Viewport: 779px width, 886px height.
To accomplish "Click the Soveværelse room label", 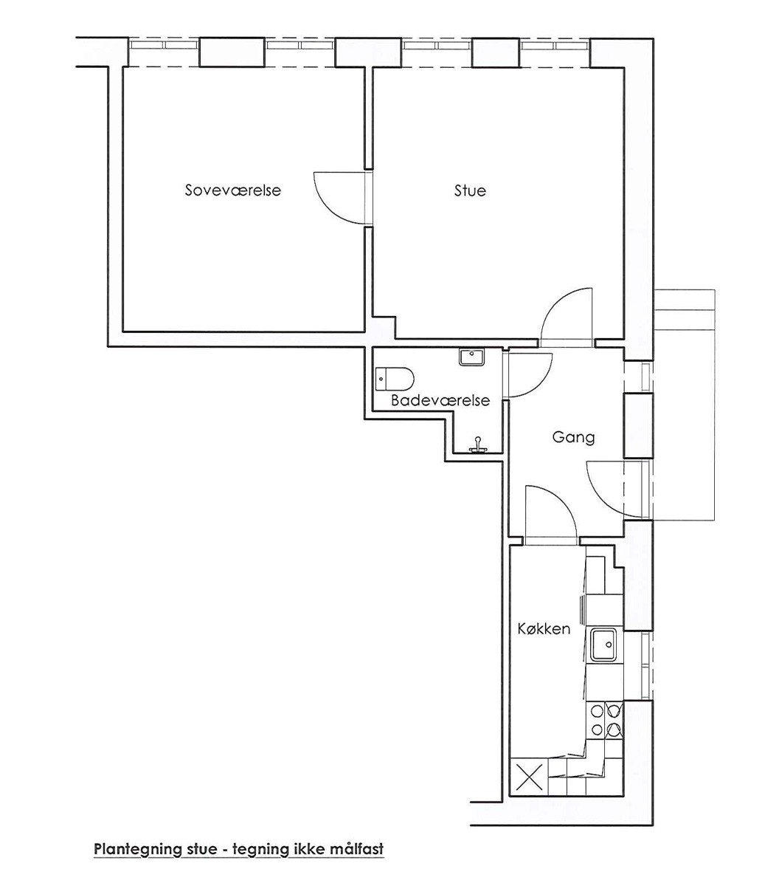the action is (233, 190).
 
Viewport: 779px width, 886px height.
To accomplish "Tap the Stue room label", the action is (470, 190).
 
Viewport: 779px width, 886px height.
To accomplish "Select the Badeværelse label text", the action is (440, 400).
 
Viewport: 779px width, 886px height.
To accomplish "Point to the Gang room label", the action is (573, 437).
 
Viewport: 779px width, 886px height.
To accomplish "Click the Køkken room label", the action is (544, 629).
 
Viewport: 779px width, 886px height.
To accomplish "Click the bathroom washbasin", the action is (472, 357).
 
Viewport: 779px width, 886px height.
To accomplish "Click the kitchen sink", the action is (604, 645).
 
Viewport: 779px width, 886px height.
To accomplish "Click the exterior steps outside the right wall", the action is (684, 405).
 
